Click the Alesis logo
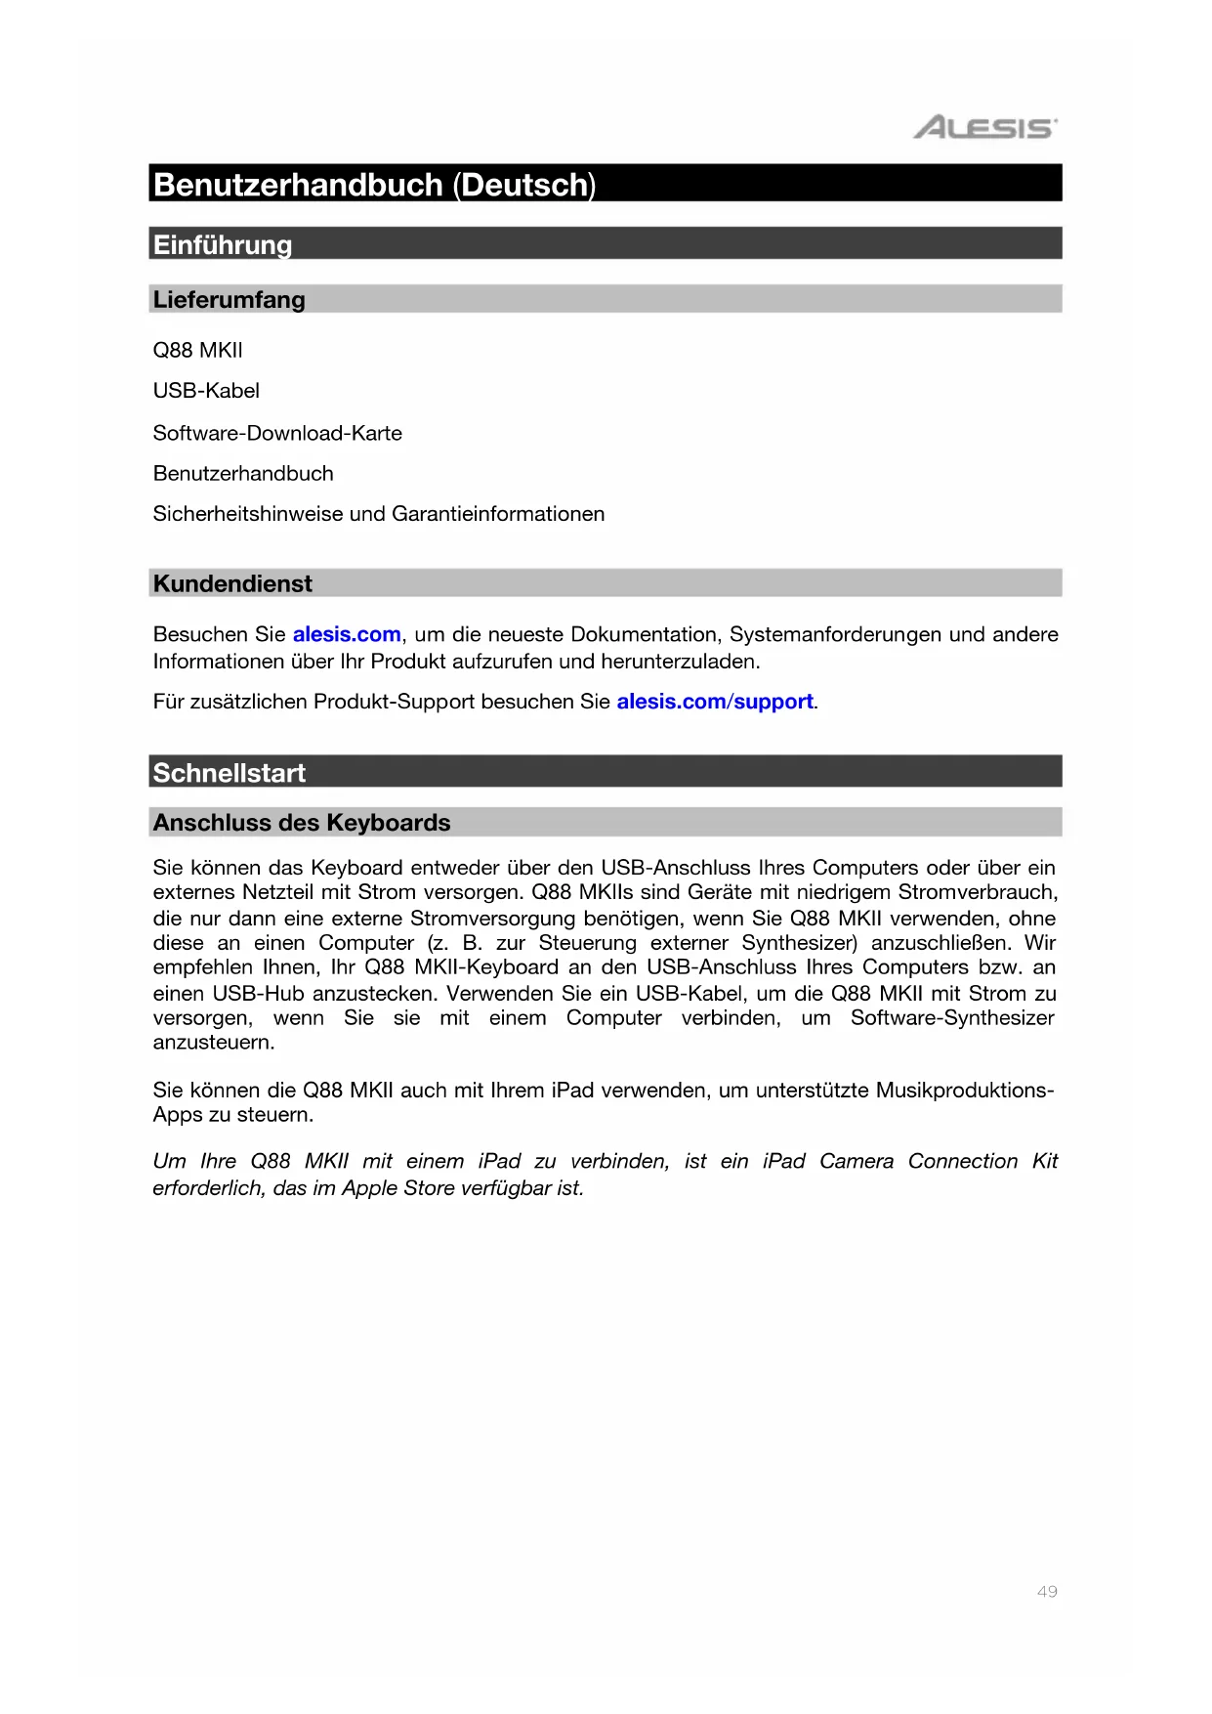coord(984,128)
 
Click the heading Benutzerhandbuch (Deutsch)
coord(374,185)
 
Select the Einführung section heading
coord(223,244)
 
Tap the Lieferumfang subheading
coord(229,300)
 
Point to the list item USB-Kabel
coord(206,391)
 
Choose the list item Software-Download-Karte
coord(277,433)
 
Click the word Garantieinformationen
coord(498,514)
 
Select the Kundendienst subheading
coord(232,583)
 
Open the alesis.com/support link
coord(715,702)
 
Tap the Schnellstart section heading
coord(230,773)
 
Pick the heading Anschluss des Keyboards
coord(302,823)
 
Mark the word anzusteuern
coord(213,1043)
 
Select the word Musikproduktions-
coord(965,1091)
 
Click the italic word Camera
coord(857,1161)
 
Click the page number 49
coord(1047,1592)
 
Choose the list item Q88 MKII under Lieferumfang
coord(198,350)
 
